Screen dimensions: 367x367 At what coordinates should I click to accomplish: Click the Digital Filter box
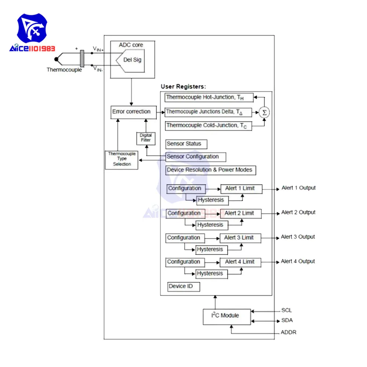(145, 138)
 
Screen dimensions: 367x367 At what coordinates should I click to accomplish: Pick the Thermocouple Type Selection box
(122, 159)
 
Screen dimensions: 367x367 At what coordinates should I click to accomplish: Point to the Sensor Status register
(186, 144)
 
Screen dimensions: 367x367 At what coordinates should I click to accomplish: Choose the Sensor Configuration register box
(195, 157)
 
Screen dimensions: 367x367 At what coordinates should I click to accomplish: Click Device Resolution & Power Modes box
(211, 170)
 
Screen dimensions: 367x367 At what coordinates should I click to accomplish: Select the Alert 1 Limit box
(241, 189)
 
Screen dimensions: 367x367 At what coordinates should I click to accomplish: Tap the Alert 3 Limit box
(240, 238)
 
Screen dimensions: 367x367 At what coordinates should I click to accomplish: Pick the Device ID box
(183, 287)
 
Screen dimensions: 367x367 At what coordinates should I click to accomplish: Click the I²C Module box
(227, 316)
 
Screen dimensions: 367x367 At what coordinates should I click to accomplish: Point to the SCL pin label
(287, 310)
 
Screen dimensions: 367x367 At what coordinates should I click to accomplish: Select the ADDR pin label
(288, 333)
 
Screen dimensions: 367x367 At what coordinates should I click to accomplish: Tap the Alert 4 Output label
(298, 261)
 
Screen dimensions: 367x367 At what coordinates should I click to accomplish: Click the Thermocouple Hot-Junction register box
(209, 98)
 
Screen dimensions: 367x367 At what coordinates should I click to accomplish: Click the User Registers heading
(183, 87)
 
